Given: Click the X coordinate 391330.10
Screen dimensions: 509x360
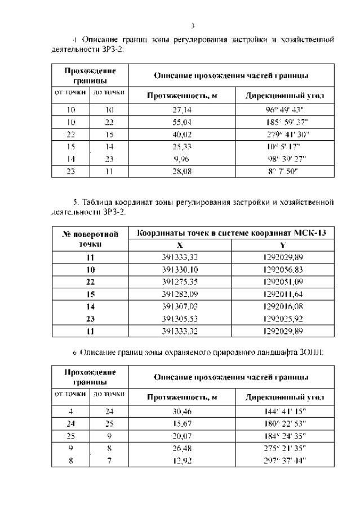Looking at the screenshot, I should (x=180, y=270).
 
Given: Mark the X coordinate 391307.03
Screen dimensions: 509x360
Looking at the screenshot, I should (x=180, y=307).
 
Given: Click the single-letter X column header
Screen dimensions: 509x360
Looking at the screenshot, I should (x=180, y=245).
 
